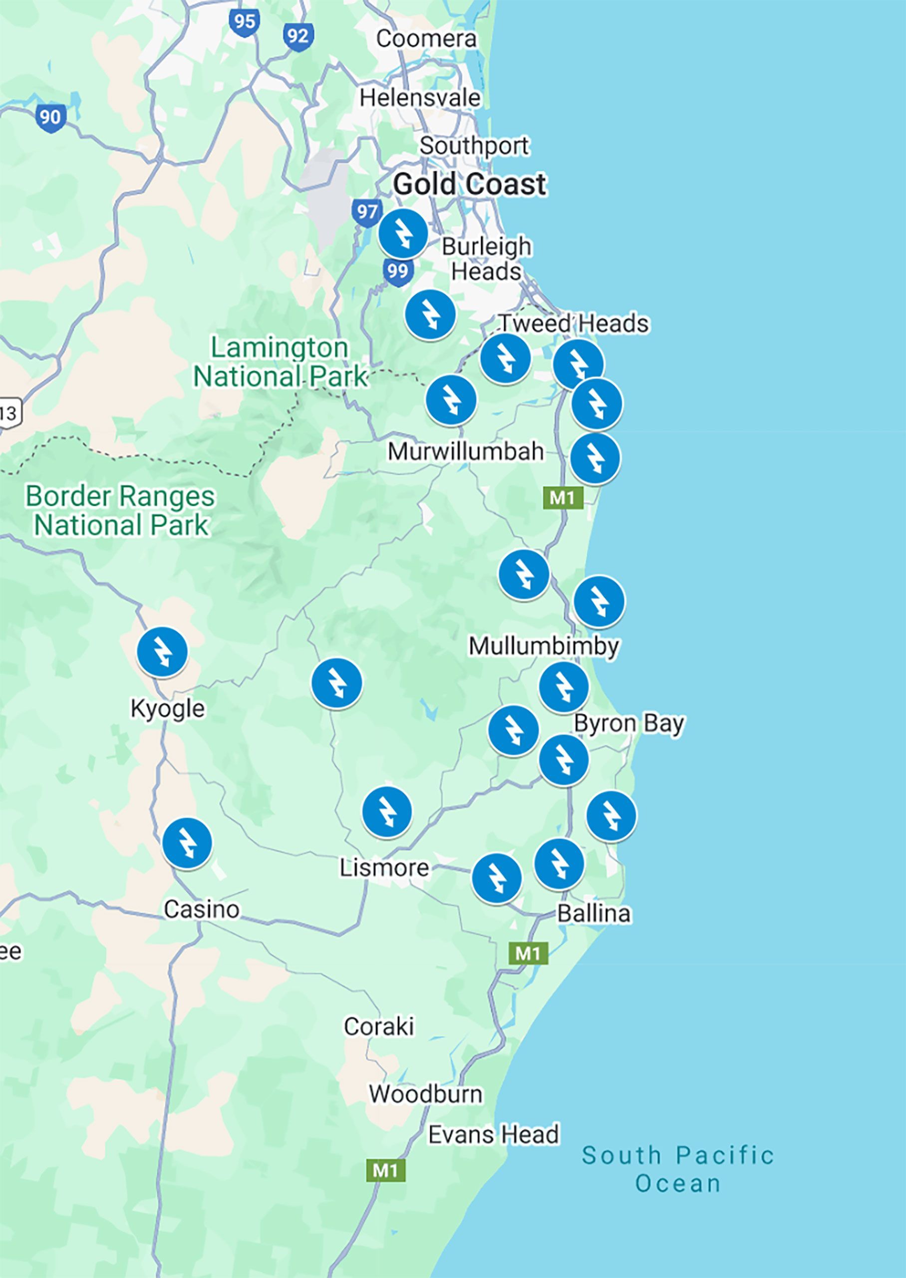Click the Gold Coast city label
tap(469, 184)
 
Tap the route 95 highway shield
tap(244, 22)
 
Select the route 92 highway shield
tap(298, 37)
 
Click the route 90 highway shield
tap(51, 117)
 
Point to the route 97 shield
tap(366, 212)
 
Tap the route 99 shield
tap(398, 272)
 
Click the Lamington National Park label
tap(280, 361)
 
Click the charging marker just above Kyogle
tap(162, 651)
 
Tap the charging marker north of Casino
tap(187, 843)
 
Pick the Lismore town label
tap(384, 868)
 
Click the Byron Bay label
tap(628, 723)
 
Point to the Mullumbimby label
tap(544, 646)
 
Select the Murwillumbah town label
tap(465, 451)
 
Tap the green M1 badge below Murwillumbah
tap(563, 498)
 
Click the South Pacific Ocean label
tap(677, 1169)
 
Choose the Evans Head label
tap(493, 1135)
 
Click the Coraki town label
tap(379, 1026)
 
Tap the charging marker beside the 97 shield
tap(403, 234)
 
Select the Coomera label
tap(426, 38)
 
